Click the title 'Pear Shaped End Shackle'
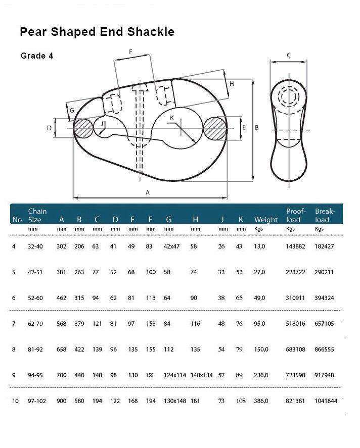(97, 32)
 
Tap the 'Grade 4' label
(37, 56)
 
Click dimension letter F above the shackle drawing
(130, 52)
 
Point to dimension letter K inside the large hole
(172, 118)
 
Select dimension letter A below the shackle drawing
(148, 192)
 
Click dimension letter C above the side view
(289, 56)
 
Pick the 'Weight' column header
(265, 220)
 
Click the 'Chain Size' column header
(37, 215)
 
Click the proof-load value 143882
(295, 246)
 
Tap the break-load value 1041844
(326, 401)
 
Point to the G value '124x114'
(175, 375)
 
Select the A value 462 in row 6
(62, 298)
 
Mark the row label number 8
(14, 350)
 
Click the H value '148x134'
(203, 375)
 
